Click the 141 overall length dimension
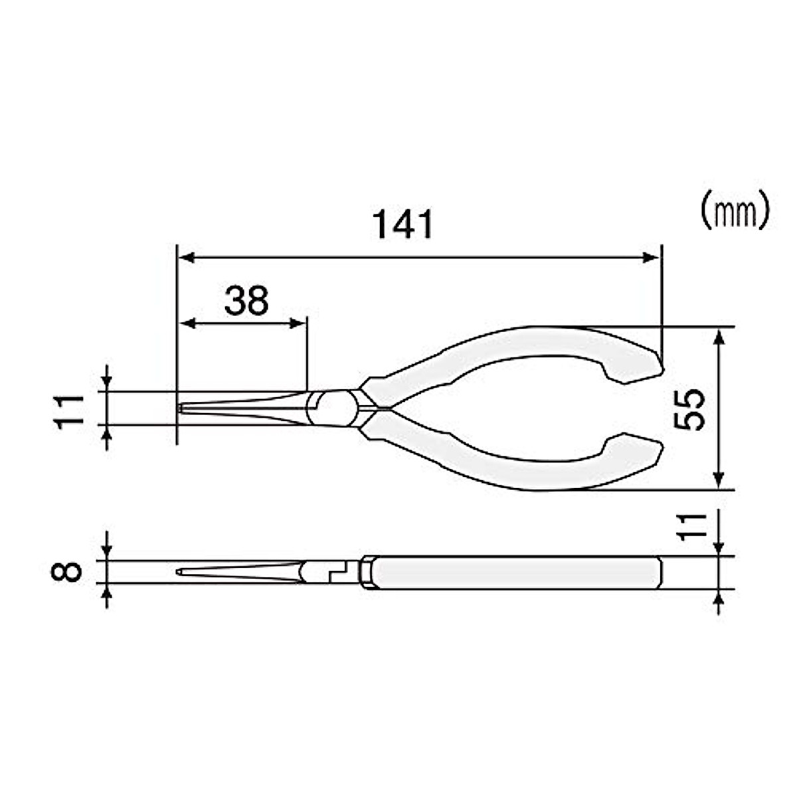[x=403, y=224]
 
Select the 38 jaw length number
[x=246, y=301]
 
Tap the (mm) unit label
[x=735, y=211]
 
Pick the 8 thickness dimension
[x=70, y=571]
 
